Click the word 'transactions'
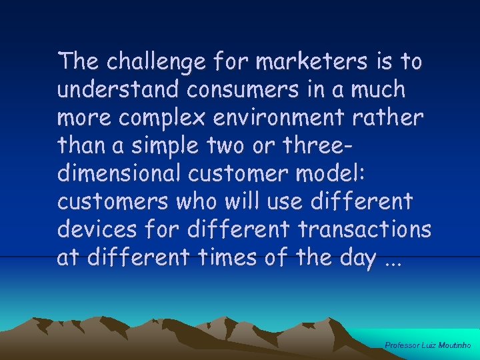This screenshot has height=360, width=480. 365,229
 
